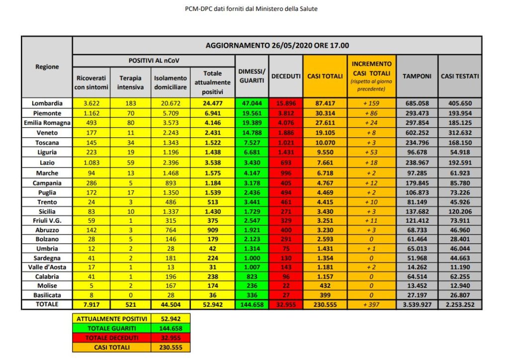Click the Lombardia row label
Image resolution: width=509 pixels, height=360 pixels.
[x=47, y=104]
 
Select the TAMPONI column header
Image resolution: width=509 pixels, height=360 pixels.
[x=417, y=77]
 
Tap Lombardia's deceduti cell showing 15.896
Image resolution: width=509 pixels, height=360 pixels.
[x=285, y=104]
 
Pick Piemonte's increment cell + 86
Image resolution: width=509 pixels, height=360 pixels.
[x=372, y=113]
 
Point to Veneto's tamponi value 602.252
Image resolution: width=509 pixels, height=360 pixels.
[x=417, y=133]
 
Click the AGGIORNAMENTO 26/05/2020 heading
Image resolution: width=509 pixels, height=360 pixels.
[x=277, y=45]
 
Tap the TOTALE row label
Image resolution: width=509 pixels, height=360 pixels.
[x=47, y=304]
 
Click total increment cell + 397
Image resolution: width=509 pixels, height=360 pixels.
[x=372, y=304]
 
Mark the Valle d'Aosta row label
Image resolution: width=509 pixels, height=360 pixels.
[x=47, y=267]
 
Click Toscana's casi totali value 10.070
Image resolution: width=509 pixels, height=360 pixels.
[x=325, y=142]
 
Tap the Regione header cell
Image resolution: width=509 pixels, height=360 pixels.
[x=47, y=67]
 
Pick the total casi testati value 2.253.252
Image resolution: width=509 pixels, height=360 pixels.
[x=460, y=304]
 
